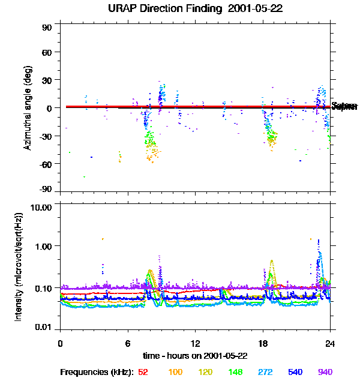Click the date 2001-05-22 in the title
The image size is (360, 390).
point(256,9)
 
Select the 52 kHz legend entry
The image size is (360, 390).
point(143,372)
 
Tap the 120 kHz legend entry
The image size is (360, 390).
point(205,372)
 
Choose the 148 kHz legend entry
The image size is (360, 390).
point(235,372)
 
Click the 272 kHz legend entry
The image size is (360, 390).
point(265,372)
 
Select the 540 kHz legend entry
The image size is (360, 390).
point(295,372)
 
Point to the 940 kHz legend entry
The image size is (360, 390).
point(325,372)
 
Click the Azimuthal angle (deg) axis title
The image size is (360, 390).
point(28,108)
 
